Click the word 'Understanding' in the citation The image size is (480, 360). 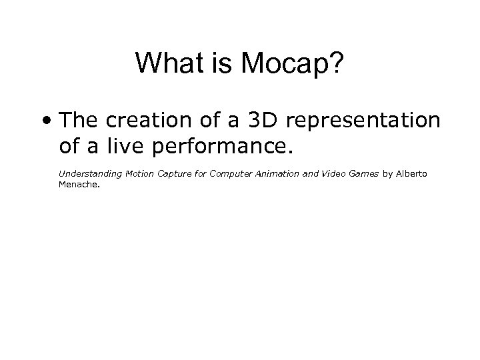click(85, 174)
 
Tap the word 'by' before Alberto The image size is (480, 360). click(387, 175)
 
